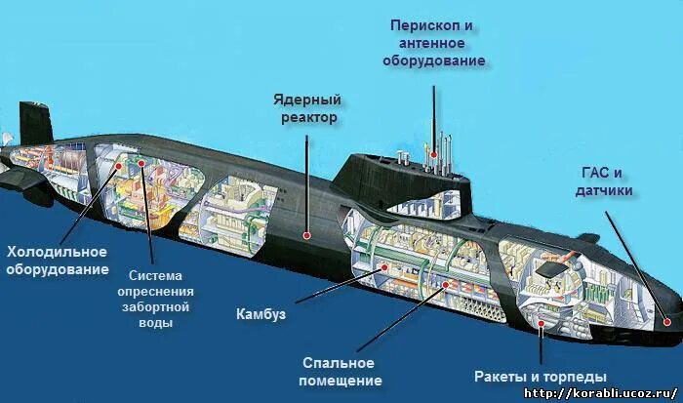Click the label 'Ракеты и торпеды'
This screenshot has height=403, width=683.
tap(541, 376)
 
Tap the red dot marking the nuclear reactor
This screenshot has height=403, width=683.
tap(307, 234)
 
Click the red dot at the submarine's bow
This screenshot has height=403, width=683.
tap(667, 317)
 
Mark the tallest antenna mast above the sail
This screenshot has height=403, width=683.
tap(431, 117)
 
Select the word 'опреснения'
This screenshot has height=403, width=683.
tap(155, 292)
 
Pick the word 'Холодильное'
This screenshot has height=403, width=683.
tap(56, 253)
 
